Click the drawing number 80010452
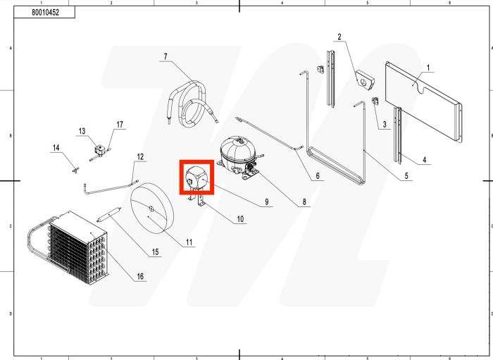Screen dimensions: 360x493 [x=45, y=13]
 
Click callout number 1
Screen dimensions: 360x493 [x=428, y=68]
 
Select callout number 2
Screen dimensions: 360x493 [x=339, y=37]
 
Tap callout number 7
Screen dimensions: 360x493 [x=165, y=56]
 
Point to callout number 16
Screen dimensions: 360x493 [x=139, y=275]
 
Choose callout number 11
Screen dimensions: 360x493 [x=189, y=243]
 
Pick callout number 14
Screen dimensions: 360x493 [x=56, y=148]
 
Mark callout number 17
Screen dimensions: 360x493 [x=120, y=125]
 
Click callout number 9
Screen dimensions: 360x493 [x=267, y=202]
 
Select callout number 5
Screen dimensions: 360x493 [x=406, y=176]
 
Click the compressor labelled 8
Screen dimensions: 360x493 [x=237, y=154]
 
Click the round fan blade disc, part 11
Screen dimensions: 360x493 [x=152, y=209]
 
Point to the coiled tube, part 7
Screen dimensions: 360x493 [x=189, y=104]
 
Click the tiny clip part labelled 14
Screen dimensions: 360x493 [x=74, y=168]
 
